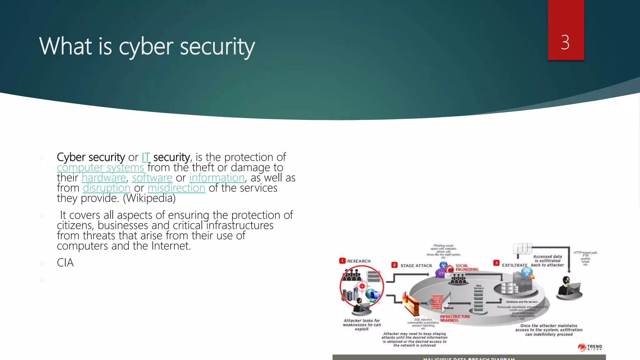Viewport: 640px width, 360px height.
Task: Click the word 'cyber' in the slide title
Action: coord(146,47)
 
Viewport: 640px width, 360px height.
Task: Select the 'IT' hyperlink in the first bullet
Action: coord(146,157)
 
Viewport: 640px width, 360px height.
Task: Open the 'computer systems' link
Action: coord(100,167)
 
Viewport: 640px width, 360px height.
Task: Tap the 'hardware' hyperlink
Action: coord(104,178)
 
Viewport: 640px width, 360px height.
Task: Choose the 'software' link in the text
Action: coord(152,178)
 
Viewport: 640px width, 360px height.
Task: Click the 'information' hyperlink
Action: coord(217,178)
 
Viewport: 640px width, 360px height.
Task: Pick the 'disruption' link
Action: coord(107,188)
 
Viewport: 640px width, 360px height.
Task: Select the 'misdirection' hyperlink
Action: coord(177,188)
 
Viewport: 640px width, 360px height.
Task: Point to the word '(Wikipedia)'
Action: coord(149,198)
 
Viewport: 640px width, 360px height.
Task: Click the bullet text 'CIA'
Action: coord(65,263)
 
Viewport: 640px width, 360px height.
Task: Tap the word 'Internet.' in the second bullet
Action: coord(171,246)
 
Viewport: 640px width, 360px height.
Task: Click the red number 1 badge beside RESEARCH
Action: coord(342,261)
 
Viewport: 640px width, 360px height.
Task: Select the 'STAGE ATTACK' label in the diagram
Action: coord(416,266)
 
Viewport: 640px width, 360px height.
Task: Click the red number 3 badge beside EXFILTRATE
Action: coord(496,263)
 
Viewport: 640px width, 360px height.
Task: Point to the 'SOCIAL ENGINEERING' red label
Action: coord(467,267)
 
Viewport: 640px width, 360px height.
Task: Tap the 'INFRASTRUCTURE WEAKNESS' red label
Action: coord(455,318)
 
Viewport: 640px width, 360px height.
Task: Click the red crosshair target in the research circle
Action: coord(362,286)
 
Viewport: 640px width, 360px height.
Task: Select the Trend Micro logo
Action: coord(590,347)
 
